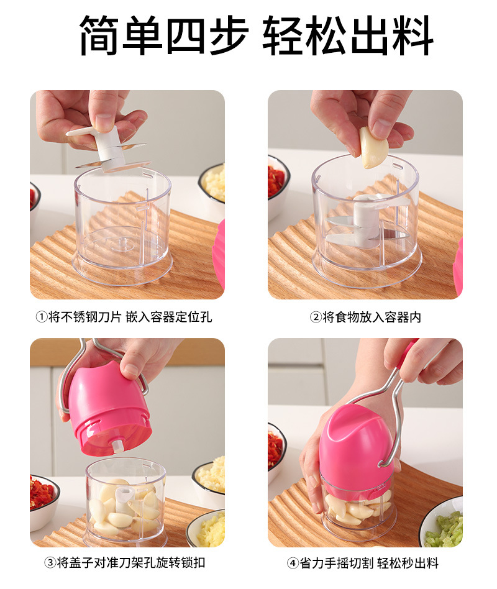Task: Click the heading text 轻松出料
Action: click(348, 35)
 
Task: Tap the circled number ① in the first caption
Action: click(41, 317)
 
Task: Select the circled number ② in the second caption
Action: click(315, 317)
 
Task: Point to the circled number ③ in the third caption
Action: click(50, 563)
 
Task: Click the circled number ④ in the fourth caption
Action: click(293, 563)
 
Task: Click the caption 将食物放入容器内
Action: click(372, 317)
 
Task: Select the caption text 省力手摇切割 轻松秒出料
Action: click(369, 563)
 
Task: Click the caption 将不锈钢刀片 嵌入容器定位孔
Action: click(130, 317)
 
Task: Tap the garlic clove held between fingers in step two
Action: click(373, 147)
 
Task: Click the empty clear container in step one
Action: click(122, 224)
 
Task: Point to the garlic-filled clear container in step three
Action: click(126, 502)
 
